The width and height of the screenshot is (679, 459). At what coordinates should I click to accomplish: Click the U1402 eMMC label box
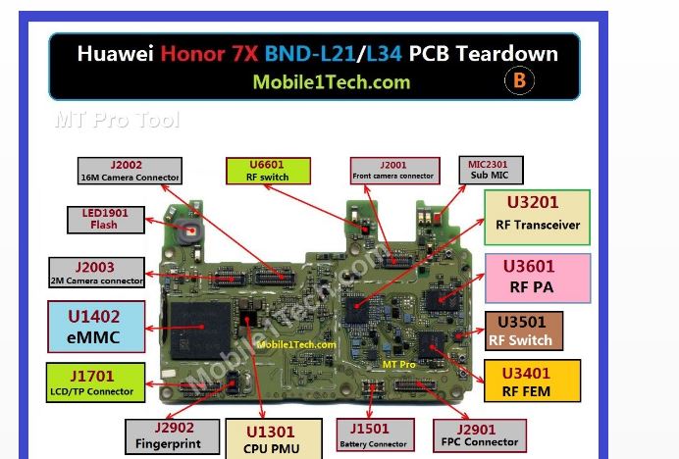point(96,327)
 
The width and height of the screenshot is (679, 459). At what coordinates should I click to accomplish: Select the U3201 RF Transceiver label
point(537,218)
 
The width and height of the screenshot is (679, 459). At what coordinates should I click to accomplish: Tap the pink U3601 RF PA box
point(538,278)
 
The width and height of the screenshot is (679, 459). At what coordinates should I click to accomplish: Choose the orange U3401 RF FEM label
point(532,381)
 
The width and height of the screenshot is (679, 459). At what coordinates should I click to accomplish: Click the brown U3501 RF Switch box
point(524,331)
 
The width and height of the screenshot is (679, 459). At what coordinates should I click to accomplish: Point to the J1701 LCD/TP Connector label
point(95,382)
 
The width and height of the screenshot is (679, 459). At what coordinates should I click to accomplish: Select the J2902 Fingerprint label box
point(172,436)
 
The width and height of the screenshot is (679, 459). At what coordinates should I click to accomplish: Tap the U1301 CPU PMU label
point(274,438)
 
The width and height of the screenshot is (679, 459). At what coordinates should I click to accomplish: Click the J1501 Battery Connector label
point(375,434)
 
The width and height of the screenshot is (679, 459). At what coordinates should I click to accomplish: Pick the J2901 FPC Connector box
point(480,435)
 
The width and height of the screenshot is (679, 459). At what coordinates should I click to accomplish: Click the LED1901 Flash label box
point(106,220)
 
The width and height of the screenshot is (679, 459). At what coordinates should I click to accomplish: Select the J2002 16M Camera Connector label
point(130,171)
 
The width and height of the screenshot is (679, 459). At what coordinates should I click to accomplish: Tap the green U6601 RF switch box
point(268,171)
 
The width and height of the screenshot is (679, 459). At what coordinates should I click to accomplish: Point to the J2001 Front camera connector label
point(394,171)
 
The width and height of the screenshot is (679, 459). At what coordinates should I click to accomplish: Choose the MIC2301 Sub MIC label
point(491,170)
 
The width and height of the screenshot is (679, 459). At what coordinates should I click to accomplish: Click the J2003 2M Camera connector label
point(96,273)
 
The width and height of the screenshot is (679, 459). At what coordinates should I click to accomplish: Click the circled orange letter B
point(519,80)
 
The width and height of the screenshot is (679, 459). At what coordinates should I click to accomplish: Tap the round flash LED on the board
point(190,231)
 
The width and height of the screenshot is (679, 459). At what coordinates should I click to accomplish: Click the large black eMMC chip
point(200,331)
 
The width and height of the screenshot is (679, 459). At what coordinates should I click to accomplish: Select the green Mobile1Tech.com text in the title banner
point(332,82)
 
